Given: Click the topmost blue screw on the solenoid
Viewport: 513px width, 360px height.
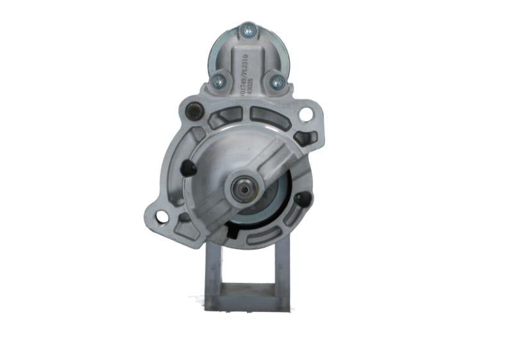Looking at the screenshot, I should (x=247, y=29).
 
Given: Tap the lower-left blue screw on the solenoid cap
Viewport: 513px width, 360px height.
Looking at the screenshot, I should (x=218, y=80).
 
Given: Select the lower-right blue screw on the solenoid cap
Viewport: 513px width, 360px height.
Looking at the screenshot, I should (x=277, y=82).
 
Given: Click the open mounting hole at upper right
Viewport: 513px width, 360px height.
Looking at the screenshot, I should (x=306, y=115).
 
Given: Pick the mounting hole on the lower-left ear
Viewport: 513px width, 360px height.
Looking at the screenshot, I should (x=162, y=217).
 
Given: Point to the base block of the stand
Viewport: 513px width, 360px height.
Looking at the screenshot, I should (x=247, y=300).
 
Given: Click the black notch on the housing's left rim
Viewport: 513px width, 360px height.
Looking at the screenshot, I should (x=187, y=169).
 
